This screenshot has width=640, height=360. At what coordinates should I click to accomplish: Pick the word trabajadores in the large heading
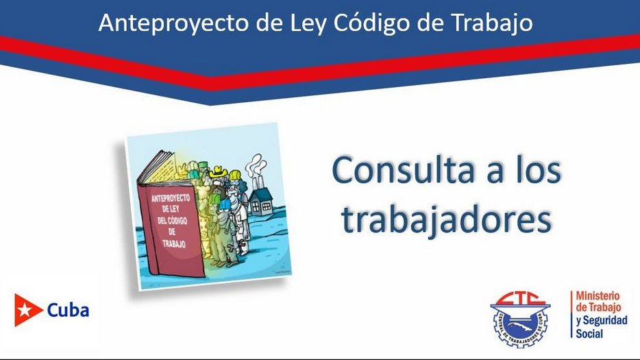[446, 220]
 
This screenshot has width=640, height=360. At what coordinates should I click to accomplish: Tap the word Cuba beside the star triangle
[68, 310]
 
